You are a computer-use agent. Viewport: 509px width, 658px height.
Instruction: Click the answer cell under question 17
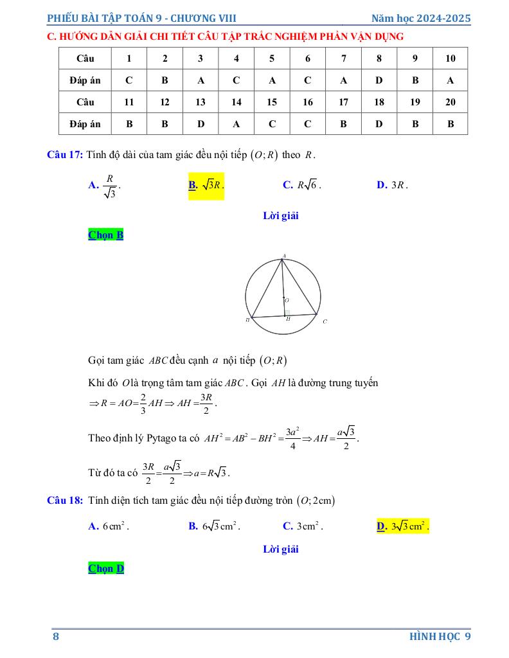click(x=343, y=124)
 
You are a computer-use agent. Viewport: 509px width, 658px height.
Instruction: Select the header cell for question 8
click(x=379, y=58)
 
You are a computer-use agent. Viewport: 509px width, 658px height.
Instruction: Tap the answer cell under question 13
click(x=201, y=124)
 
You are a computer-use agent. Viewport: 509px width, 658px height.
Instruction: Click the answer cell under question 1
click(x=129, y=80)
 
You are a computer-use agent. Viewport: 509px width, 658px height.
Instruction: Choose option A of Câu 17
click(x=104, y=185)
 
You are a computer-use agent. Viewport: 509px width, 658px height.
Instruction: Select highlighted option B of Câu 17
click(x=206, y=185)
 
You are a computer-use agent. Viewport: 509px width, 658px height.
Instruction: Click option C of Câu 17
click(x=301, y=185)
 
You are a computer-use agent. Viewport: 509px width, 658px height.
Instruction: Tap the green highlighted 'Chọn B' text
click(x=105, y=235)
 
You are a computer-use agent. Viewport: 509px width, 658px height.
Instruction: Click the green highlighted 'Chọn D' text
click(x=105, y=569)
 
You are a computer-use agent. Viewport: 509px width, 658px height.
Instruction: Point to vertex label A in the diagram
click(x=283, y=256)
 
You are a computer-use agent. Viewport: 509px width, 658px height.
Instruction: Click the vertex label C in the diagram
click(x=325, y=321)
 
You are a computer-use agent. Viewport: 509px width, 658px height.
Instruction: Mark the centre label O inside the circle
click(x=287, y=300)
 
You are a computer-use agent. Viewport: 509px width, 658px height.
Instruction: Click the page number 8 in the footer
click(x=56, y=636)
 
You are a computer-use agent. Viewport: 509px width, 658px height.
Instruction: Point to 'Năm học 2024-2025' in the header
click(x=421, y=18)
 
